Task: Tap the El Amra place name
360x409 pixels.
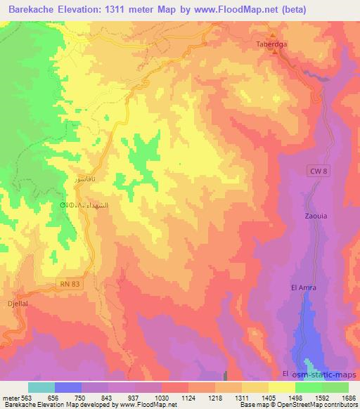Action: (x=303, y=287)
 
